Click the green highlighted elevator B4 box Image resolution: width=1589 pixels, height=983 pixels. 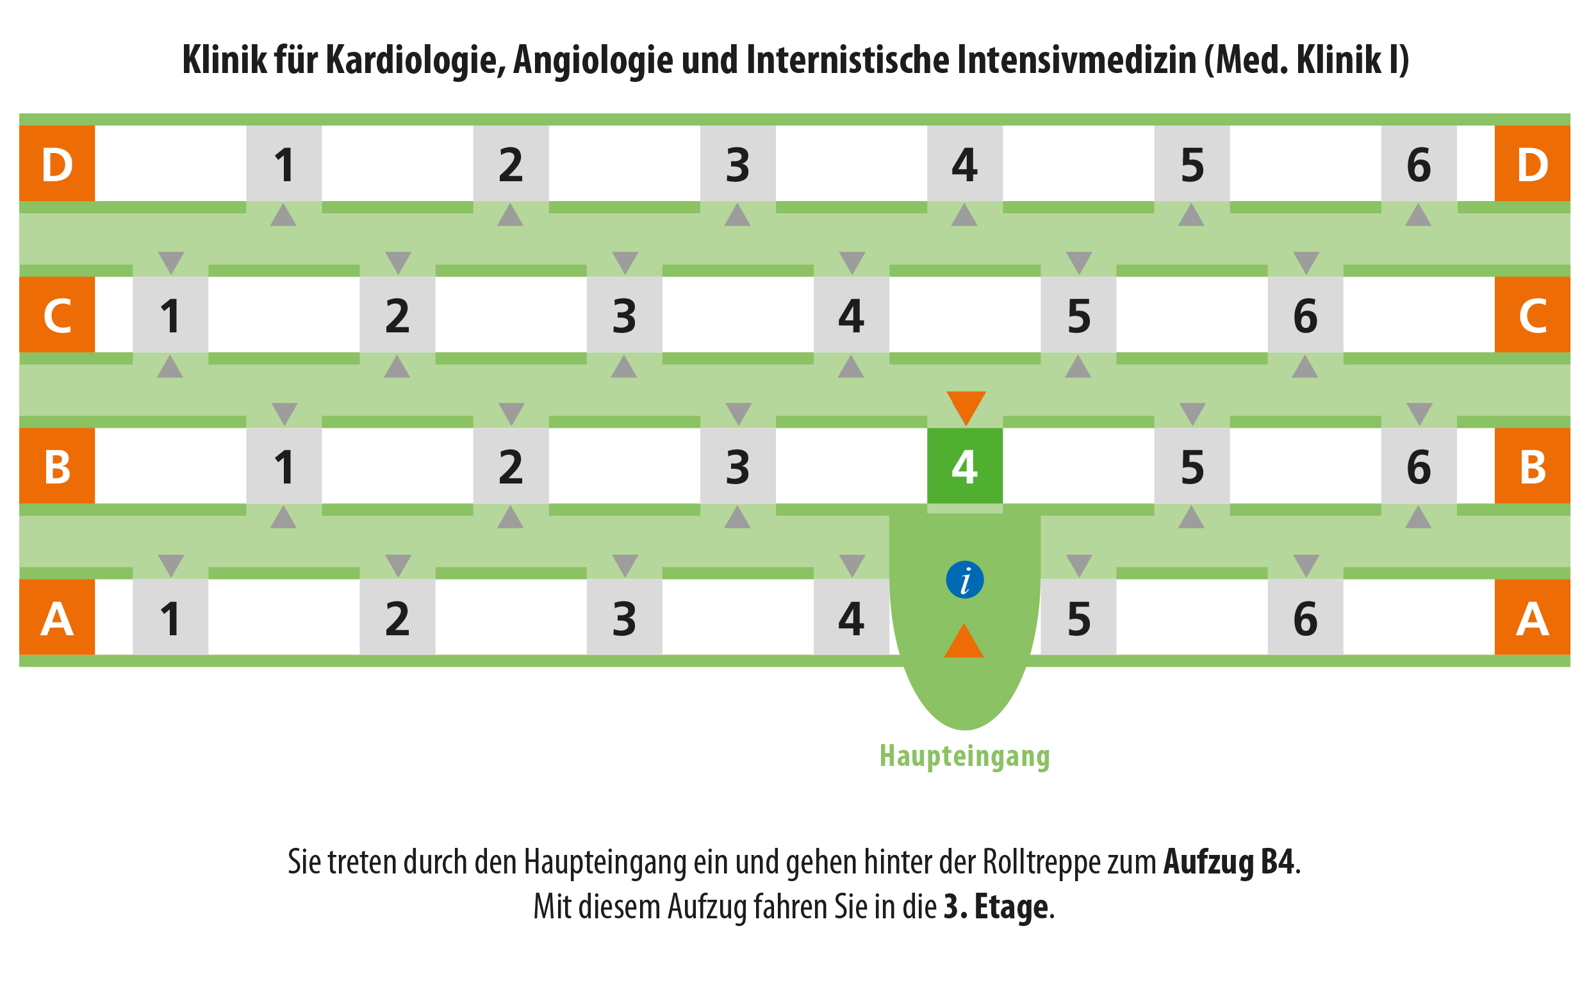[964, 466]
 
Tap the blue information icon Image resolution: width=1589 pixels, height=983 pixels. [964, 580]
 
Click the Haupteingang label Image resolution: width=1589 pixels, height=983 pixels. [964, 756]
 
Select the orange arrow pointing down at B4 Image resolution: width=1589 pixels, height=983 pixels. [966, 408]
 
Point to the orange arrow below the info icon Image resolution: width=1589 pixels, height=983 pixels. [963, 641]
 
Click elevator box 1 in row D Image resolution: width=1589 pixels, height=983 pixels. [284, 163]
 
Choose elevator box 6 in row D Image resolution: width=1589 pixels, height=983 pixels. [1419, 163]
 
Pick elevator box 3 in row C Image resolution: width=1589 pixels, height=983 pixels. [625, 314]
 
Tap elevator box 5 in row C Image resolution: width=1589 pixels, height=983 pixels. [1078, 314]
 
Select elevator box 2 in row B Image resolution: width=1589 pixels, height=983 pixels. [511, 466]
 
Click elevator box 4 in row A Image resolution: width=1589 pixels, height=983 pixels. [852, 617]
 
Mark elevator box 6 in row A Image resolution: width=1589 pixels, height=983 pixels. [1305, 617]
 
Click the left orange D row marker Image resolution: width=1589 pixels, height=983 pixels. [57, 163]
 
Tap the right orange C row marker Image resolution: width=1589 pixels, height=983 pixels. [1533, 314]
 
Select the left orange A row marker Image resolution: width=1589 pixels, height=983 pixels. [57, 617]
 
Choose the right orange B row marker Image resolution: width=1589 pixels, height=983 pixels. [1533, 466]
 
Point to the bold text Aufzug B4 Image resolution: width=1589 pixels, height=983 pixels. [1228, 862]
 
